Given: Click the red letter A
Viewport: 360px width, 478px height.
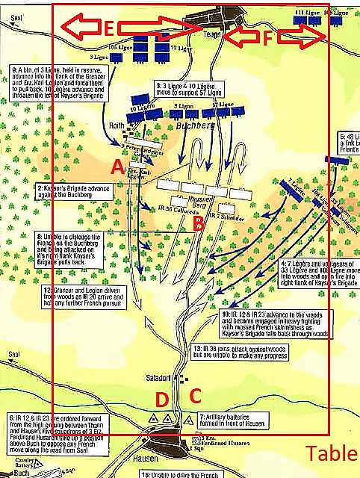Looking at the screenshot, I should (116, 167).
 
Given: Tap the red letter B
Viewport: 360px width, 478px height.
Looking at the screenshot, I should (197, 222).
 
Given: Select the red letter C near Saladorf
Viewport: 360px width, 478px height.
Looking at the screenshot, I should (196, 396).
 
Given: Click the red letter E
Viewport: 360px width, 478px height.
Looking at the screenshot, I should (109, 29).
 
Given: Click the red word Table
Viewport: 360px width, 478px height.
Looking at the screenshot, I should (329, 453).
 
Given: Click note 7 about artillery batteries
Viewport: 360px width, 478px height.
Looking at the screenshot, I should (231, 418).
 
